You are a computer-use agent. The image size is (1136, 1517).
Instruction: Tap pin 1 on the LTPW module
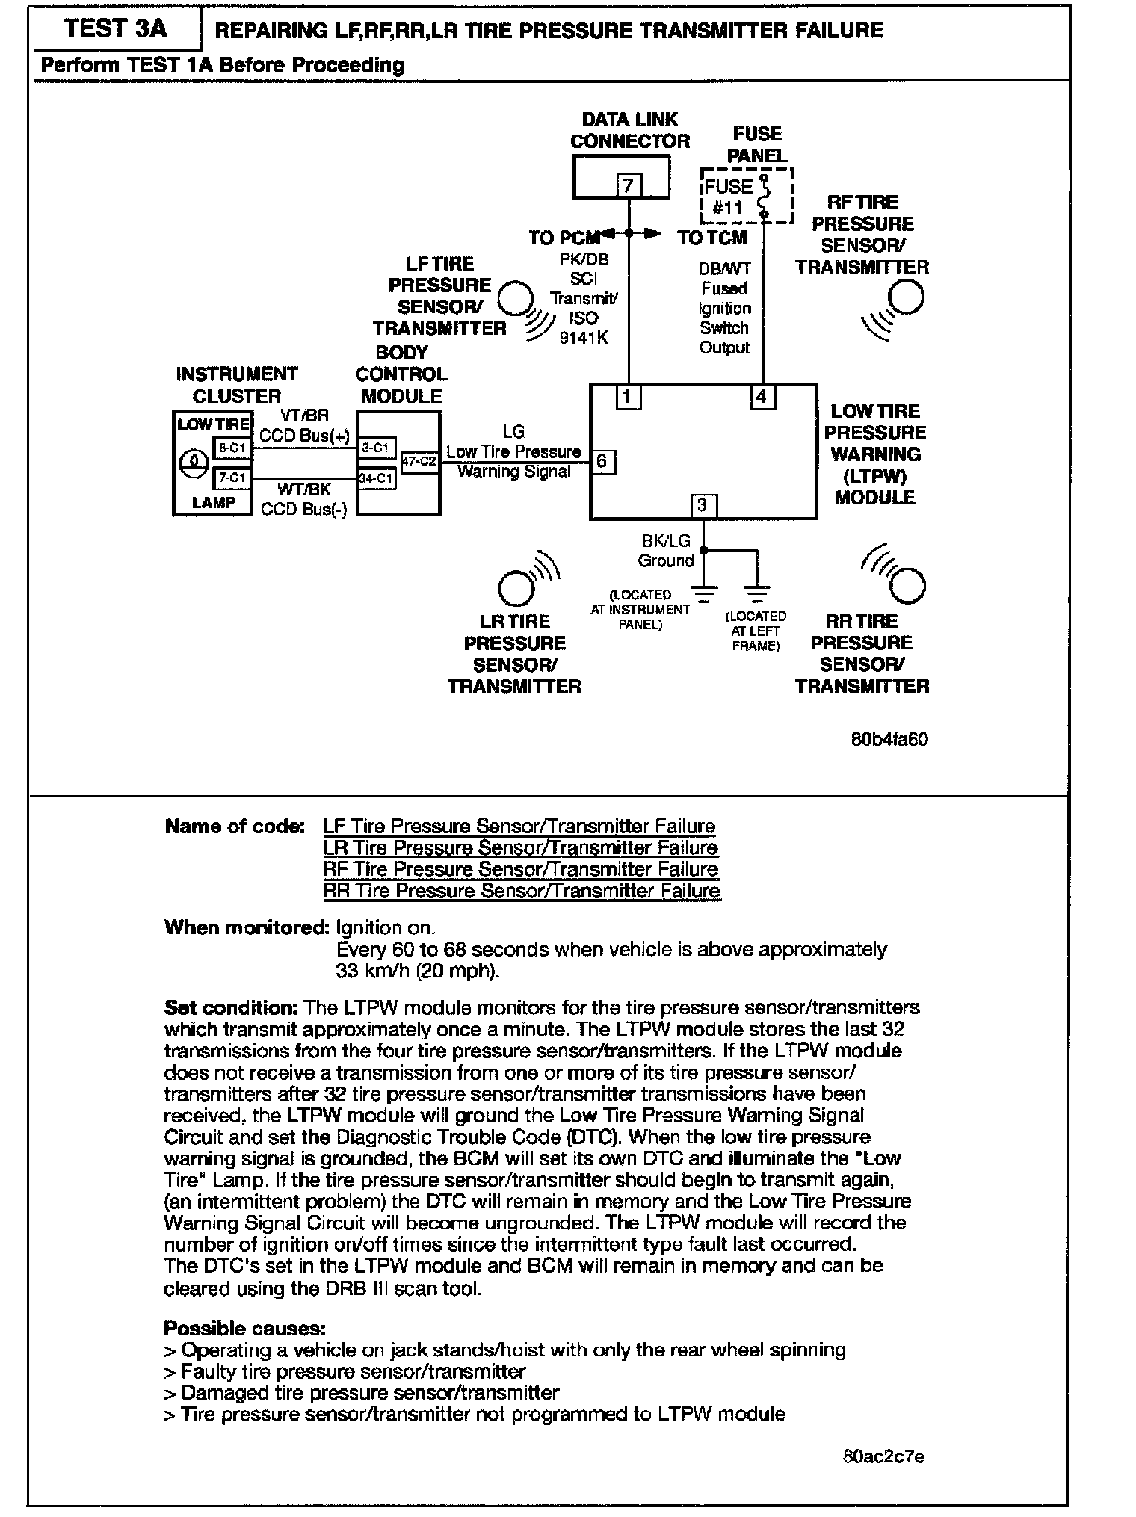tap(628, 398)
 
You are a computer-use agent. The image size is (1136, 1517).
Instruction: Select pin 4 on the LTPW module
tap(762, 397)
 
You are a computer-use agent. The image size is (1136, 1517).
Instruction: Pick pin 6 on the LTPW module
tap(603, 462)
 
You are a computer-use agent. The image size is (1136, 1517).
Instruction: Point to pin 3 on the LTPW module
tap(703, 506)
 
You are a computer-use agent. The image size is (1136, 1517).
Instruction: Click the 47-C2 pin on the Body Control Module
tap(419, 462)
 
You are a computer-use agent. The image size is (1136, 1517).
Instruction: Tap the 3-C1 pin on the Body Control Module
tap(376, 448)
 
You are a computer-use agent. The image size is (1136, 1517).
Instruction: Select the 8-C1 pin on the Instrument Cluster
tap(232, 448)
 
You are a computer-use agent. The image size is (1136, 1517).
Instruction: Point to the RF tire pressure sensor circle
tap(906, 297)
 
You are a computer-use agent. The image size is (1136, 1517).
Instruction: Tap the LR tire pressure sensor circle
tap(516, 587)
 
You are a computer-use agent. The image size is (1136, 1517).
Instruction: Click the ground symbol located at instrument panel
tap(704, 594)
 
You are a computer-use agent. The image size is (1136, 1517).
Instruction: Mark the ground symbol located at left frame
tap(758, 594)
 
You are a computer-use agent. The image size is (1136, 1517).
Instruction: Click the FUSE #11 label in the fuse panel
tap(729, 197)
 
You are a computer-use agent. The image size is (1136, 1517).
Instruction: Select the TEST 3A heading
tap(115, 29)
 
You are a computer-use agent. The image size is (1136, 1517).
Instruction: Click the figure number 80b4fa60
tap(889, 740)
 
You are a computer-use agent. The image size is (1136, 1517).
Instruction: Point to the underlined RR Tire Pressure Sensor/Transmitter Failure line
tap(522, 891)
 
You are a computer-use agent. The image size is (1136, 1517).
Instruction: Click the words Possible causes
tap(244, 1329)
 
